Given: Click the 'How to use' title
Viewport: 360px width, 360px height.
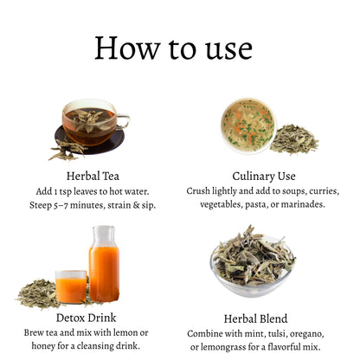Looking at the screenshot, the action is [x=174, y=48].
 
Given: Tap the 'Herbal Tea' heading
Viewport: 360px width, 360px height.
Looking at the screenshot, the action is [x=93, y=176].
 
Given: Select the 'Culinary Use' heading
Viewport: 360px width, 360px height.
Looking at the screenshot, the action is [x=264, y=177].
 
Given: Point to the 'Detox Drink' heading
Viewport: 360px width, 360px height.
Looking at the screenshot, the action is [x=86, y=318].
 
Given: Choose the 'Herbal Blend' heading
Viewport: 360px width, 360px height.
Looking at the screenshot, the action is [x=255, y=318].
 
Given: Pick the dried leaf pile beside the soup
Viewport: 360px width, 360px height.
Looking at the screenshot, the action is [x=294, y=139].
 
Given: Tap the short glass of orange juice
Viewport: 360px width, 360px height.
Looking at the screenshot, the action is [x=71, y=286].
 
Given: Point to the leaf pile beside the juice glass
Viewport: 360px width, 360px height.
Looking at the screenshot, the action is [x=37, y=293].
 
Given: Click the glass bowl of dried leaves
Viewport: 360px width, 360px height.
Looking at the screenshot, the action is [x=253, y=264].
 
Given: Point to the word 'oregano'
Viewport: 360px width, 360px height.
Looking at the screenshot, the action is [x=306, y=334].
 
